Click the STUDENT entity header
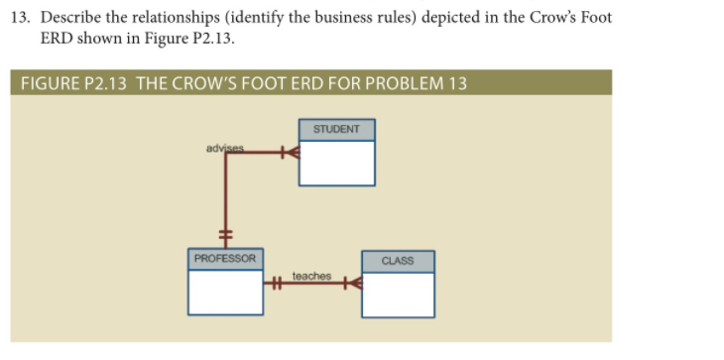pos(337,130)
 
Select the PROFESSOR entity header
pos(225,259)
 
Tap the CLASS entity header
pos(398,261)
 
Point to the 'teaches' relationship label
pos(311,276)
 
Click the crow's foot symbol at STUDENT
pos(289,154)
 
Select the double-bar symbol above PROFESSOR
pos(226,234)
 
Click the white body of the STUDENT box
pos(337,163)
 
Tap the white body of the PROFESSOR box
pos(226,290)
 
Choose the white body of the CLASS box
pos(398,293)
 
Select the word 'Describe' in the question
pos(72,20)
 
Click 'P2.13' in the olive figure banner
pos(104,82)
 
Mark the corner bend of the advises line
pos(226,154)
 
